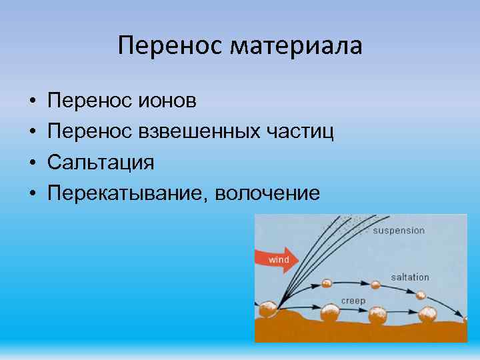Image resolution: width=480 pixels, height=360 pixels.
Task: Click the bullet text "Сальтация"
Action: point(101,163)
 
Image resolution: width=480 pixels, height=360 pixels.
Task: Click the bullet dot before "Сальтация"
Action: point(33,163)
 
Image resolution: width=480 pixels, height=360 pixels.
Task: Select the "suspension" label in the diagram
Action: point(398,231)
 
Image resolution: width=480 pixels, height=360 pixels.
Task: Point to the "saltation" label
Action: point(409,277)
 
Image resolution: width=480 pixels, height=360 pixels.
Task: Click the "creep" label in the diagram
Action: point(353,301)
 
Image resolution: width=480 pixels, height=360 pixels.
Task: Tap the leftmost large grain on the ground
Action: point(268,309)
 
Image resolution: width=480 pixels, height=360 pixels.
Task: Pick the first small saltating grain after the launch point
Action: point(326,283)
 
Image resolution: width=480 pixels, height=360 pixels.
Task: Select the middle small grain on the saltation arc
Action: point(375,285)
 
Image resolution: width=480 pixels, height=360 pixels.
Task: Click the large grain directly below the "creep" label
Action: point(330,312)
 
